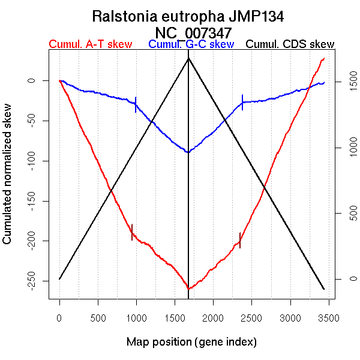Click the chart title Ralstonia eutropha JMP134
(x=192, y=16)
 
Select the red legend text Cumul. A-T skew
(x=90, y=44)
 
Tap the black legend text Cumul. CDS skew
(x=290, y=44)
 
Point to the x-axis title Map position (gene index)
(x=191, y=342)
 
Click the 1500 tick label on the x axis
(x=175, y=317)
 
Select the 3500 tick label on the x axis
(x=329, y=317)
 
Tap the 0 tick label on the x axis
(x=59, y=317)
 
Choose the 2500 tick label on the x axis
(x=252, y=317)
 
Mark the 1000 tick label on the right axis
(x=344, y=148)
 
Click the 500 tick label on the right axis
(x=344, y=214)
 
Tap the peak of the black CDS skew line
(x=189, y=58)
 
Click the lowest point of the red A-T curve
(x=189, y=289)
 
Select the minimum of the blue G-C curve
(x=188, y=152)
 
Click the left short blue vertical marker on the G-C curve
(x=136, y=104)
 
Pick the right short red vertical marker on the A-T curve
(x=240, y=240)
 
